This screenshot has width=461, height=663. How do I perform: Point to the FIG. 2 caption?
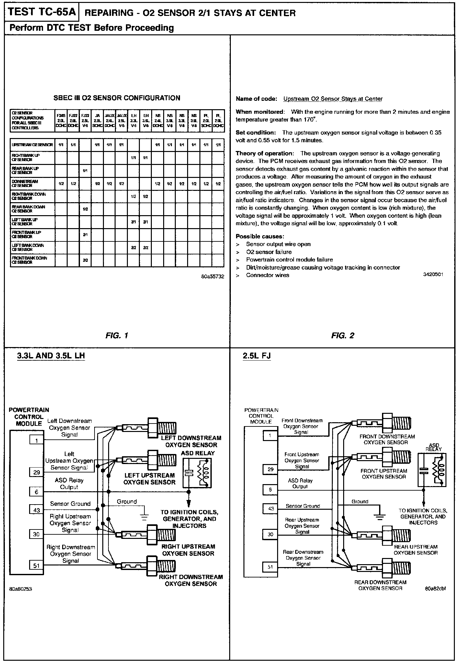coord(343,335)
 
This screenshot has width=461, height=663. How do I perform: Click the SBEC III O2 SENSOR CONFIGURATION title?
coord(117,98)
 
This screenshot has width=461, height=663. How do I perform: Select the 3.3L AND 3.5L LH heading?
coord(51,356)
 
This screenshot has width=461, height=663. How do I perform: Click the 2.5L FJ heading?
coord(257,356)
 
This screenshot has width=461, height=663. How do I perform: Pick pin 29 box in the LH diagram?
coord(37,472)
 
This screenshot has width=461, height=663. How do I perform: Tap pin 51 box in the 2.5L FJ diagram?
coord(270,567)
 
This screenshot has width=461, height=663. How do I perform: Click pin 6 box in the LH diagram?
coord(37,492)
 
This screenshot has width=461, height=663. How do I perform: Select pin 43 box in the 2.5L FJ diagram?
coord(270,508)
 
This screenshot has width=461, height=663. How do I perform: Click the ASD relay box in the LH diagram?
coord(197,473)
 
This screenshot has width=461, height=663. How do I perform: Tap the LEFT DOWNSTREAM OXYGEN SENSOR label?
coord(191,441)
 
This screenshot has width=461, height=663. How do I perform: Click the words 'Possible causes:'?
coord(260,237)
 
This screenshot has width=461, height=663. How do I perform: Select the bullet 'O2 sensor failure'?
coord(269,252)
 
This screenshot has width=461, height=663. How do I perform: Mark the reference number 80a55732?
coord(212,276)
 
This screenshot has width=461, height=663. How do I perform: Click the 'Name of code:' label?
coord(256,99)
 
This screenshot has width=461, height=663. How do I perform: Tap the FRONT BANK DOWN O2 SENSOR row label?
coord(29,260)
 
